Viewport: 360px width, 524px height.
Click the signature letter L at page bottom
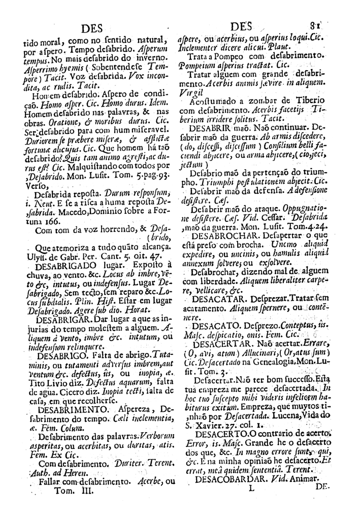pyautogui.click(x=249, y=490)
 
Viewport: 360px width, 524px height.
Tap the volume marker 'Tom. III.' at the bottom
pyautogui.click(x=69, y=490)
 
